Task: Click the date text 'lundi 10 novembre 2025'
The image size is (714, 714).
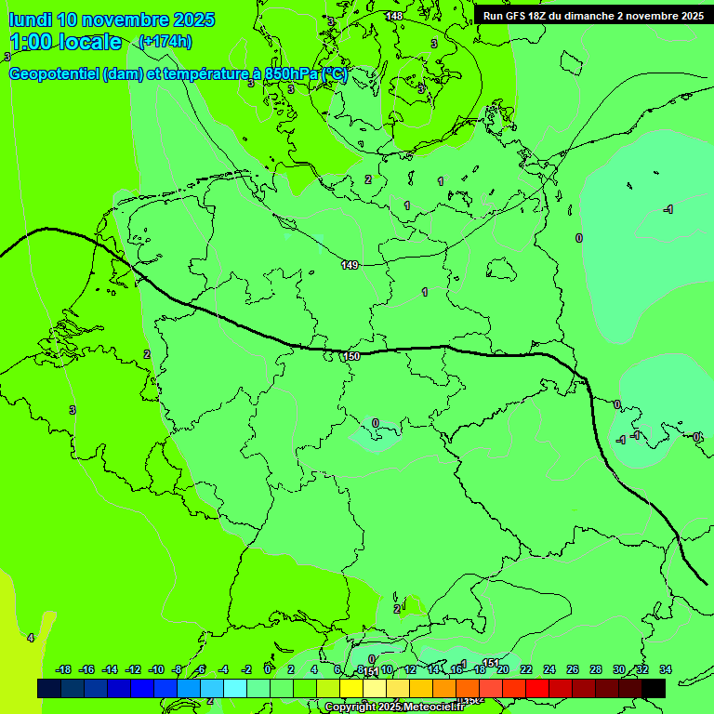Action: point(112,20)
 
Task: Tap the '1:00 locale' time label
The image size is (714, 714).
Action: point(66,42)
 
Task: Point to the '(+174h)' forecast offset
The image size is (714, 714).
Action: point(165,41)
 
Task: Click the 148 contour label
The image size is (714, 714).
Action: point(394,16)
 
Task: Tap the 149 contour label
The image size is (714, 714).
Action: point(350,265)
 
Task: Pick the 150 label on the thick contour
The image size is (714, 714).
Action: point(351,356)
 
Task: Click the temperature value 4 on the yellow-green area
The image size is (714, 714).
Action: point(30,638)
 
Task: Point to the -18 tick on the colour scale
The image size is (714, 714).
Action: point(63,669)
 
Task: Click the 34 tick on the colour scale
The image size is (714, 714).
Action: point(665,669)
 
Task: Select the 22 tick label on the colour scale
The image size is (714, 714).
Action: point(526,669)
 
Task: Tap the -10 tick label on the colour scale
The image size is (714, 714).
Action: point(156,669)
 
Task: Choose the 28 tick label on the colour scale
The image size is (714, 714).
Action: point(595,669)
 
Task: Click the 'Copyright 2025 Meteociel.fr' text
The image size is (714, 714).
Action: point(395,707)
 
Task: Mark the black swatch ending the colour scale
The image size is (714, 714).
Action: point(654,688)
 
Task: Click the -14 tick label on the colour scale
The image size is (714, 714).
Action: point(110,669)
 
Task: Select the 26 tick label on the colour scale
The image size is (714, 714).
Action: point(572,669)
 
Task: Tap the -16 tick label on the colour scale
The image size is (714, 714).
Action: point(86,669)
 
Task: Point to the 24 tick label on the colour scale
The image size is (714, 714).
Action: point(549,669)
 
